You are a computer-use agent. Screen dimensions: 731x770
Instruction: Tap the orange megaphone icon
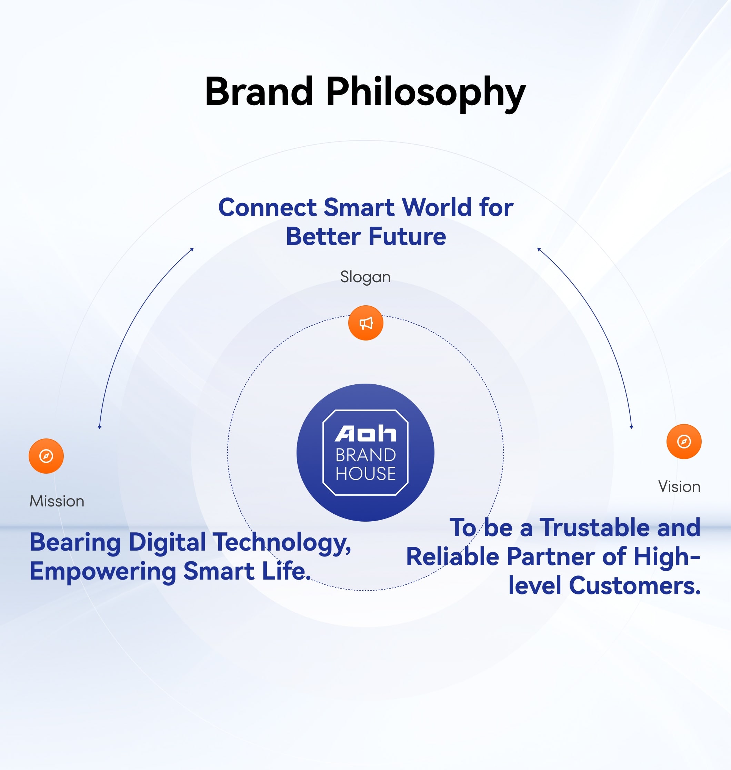[365, 323]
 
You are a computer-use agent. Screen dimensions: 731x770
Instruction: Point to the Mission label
[57, 501]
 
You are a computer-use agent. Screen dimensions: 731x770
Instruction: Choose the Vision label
[679, 486]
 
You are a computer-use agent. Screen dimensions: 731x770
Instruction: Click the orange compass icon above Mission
[46, 456]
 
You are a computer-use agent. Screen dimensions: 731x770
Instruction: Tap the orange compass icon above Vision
[684, 441]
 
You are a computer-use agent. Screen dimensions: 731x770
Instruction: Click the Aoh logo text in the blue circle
[365, 434]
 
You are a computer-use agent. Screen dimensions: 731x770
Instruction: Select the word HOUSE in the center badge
[365, 474]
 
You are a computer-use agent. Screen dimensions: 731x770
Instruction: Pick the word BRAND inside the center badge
[365, 455]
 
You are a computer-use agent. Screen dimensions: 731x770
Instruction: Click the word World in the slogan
[437, 207]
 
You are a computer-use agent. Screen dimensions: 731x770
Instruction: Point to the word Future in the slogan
[407, 237]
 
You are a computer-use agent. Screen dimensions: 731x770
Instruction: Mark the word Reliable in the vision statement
[452, 556]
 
